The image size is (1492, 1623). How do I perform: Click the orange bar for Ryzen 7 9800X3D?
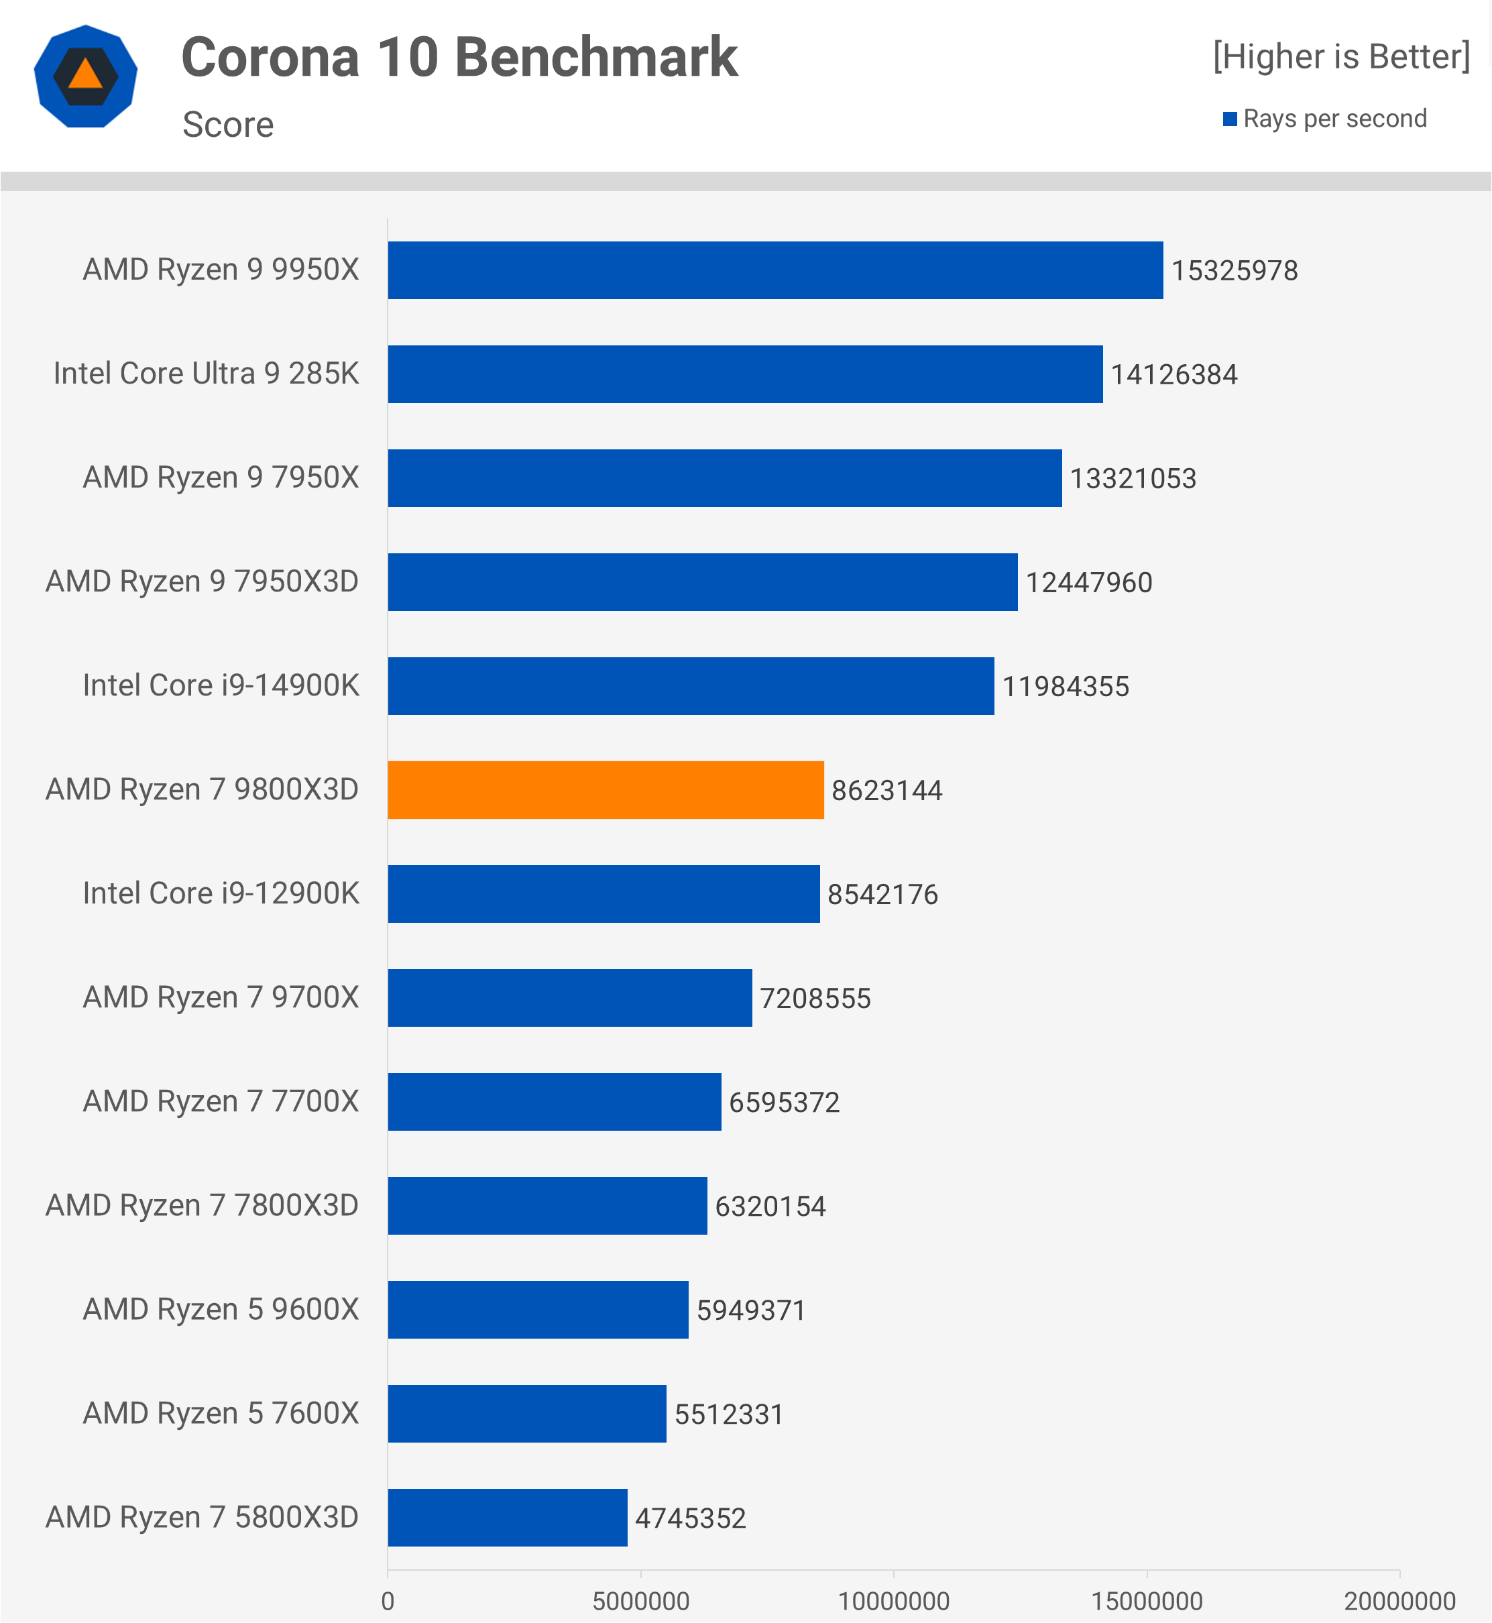[x=606, y=789]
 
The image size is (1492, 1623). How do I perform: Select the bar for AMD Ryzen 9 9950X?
[x=775, y=270]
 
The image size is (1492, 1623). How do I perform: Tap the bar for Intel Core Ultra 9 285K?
[x=745, y=374]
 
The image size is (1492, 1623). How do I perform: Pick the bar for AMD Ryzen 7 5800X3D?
[x=507, y=1517]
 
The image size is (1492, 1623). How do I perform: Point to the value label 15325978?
[x=1235, y=270]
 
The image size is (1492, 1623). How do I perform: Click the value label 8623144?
[x=886, y=791]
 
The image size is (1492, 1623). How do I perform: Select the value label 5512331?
[x=729, y=1414]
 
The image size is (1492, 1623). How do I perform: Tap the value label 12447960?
[x=1088, y=583]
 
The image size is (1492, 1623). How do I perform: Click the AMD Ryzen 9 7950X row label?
[x=221, y=478]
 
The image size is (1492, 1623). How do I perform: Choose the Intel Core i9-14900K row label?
[x=221, y=685]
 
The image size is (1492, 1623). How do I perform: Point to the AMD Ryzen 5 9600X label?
[x=221, y=1310]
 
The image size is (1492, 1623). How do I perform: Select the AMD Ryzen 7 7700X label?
[x=221, y=1101]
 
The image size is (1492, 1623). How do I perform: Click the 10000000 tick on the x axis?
[x=894, y=1601]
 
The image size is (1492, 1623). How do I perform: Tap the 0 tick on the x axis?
[x=388, y=1601]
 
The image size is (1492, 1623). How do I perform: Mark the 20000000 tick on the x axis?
[x=1399, y=1601]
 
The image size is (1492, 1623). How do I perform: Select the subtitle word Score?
[x=228, y=124]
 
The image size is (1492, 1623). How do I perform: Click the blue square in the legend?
[x=1230, y=119]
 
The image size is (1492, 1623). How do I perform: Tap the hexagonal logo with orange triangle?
[x=86, y=76]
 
